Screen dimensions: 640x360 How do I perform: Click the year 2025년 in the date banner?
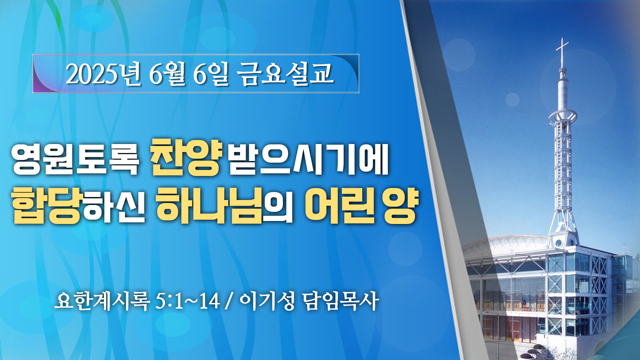pyautogui.click(x=103, y=74)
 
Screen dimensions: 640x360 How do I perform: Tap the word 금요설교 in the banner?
pyautogui.click(x=286, y=74)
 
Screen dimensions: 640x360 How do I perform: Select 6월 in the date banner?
pyautogui.click(x=167, y=74)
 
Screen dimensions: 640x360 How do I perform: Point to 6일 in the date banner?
pyautogui.click(x=211, y=74)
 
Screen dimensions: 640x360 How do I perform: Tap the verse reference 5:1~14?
pyautogui.click(x=188, y=301)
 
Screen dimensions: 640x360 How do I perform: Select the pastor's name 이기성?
pyautogui.click(x=267, y=301)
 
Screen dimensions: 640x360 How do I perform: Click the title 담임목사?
pyautogui.click(x=340, y=301)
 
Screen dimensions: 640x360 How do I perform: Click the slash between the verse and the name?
pyautogui.click(x=229, y=301)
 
